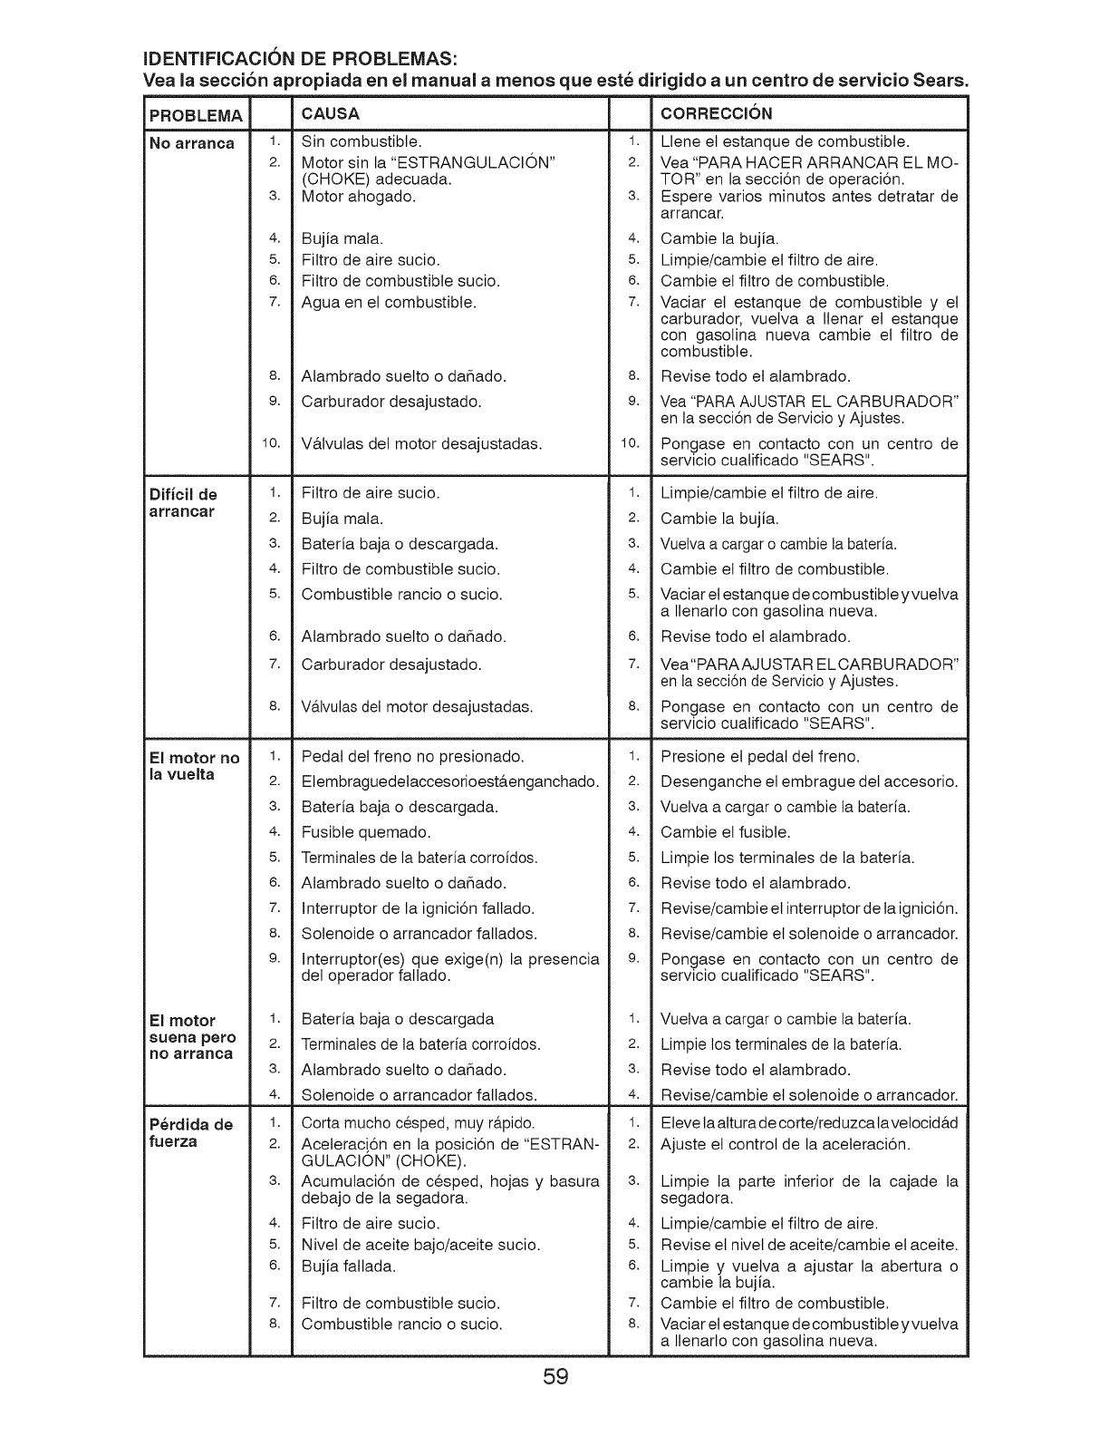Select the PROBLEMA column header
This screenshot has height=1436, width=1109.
click(x=196, y=115)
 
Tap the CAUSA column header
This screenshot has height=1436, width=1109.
click(x=331, y=114)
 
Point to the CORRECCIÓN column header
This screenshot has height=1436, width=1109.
click(x=717, y=114)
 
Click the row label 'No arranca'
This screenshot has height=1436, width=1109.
click(x=192, y=143)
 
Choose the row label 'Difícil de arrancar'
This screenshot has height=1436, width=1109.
click(x=183, y=502)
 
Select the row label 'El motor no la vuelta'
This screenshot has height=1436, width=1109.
click(x=194, y=765)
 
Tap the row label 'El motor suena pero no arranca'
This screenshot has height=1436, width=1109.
click(x=192, y=1036)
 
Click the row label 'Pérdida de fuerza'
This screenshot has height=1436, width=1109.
click(x=191, y=1132)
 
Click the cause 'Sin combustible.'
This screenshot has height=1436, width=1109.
click(x=362, y=141)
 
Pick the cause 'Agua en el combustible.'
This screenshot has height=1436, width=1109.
click(x=389, y=302)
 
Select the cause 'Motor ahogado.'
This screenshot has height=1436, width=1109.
click(x=359, y=196)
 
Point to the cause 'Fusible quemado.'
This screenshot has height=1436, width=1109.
click(x=366, y=831)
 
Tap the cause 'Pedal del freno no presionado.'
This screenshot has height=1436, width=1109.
click(x=413, y=756)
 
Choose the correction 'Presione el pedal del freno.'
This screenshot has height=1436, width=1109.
click(x=760, y=756)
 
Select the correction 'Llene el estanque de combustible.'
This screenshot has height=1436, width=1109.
click(x=786, y=141)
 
